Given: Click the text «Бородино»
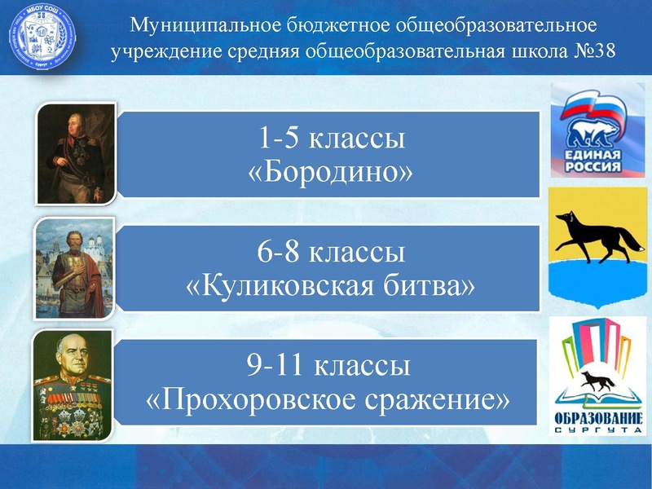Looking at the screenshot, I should (x=330, y=171).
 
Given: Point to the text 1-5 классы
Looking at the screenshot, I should (x=330, y=139).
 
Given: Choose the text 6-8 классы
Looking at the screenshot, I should (x=330, y=253).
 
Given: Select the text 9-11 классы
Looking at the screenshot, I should (x=330, y=368).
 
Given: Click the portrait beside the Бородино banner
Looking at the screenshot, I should (x=76, y=152).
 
